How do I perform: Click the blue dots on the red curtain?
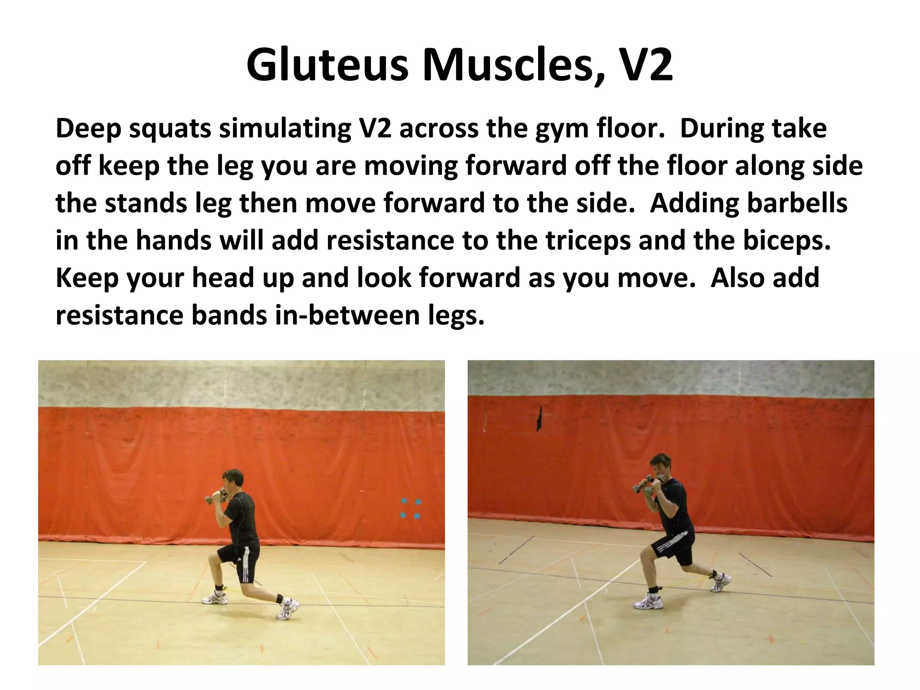[x=411, y=508]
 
